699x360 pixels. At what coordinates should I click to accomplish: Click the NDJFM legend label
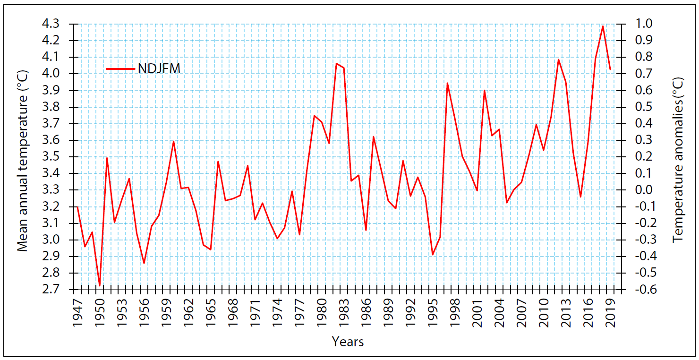tap(159, 69)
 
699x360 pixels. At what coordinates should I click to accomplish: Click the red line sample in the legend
tap(121, 69)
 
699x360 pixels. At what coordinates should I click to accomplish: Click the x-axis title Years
tap(348, 342)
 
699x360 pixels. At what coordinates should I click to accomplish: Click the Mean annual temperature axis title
tap(23, 161)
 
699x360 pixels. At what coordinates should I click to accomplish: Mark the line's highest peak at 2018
tap(603, 26)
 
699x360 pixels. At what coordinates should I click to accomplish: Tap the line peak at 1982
tap(336, 63)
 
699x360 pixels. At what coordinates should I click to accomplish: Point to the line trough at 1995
tap(433, 255)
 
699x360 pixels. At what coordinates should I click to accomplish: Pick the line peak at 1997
tap(447, 83)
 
